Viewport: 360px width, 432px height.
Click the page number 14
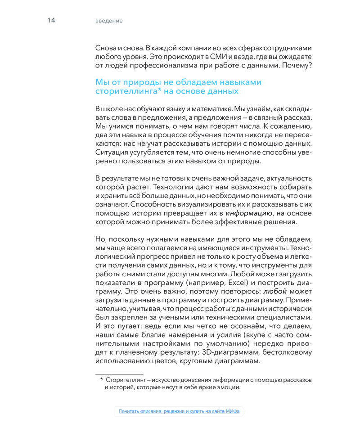coord(51,21)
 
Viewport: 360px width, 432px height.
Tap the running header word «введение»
coord(109,21)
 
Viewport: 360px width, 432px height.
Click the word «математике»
coord(208,109)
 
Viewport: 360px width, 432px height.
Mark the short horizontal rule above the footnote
coord(119,373)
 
